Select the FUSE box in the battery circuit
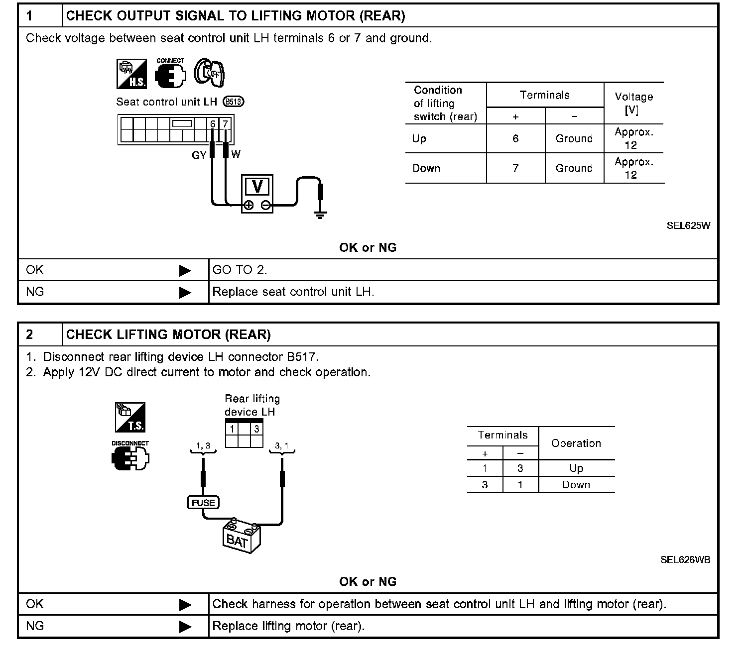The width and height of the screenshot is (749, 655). [x=203, y=503]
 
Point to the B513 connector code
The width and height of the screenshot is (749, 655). [x=234, y=102]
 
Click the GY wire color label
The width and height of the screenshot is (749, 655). [x=199, y=155]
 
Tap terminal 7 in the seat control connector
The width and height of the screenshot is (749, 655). [x=226, y=123]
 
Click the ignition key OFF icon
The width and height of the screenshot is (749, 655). [x=209, y=73]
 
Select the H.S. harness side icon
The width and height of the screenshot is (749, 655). [x=131, y=74]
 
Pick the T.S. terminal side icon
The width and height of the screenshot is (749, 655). [x=130, y=417]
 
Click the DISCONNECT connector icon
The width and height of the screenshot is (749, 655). [x=130, y=455]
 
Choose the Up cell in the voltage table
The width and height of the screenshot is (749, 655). [x=419, y=138]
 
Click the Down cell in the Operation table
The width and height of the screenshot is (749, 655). [x=576, y=485]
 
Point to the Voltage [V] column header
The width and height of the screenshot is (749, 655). [x=633, y=103]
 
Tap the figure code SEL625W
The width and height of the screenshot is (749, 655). [x=688, y=225]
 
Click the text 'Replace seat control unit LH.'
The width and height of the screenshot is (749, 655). [x=293, y=292]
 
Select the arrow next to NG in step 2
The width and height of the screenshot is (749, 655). [x=185, y=626]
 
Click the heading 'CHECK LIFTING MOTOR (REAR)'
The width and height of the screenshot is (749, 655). [x=168, y=334]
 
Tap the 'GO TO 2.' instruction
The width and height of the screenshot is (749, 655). [x=240, y=270]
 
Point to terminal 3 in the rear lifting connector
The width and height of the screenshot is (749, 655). [x=256, y=429]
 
